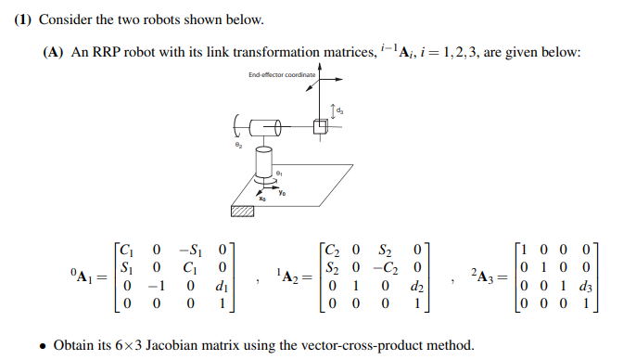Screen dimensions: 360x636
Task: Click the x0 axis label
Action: (262, 197)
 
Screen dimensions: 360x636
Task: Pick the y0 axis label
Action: (294, 192)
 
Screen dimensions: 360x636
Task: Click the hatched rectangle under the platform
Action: (241, 212)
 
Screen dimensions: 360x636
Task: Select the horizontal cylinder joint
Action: (267, 127)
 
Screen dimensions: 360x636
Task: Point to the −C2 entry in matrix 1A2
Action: (387, 267)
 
